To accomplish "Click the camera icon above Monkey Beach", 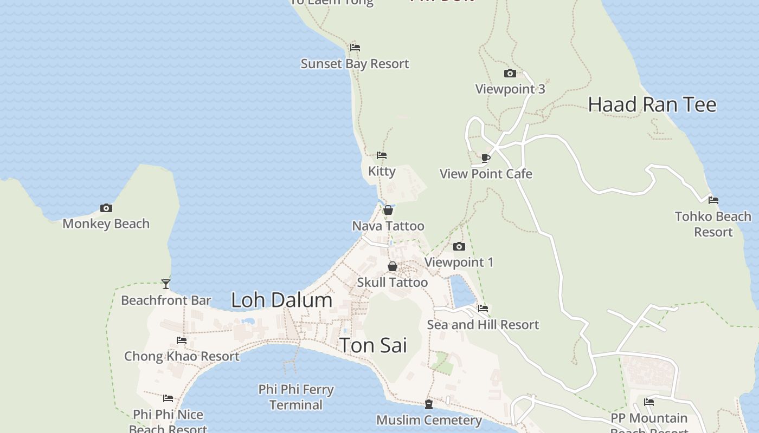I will (x=106, y=208).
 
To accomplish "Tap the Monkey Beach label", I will (x=106, y=224).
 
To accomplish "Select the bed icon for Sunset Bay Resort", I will (x=355, y=48).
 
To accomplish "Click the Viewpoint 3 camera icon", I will (x=510, y=73).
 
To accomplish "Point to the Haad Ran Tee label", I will (x=652, y=104).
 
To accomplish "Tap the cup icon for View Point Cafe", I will (x=486, y=158).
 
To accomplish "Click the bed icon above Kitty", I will (x=382, y=155).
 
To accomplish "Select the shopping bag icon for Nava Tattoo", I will (x=388, y=210).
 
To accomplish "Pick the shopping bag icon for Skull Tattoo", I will (x=392, y=266).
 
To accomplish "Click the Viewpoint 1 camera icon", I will (x=459, y=246).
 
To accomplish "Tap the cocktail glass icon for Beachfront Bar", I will (x=166, y=284).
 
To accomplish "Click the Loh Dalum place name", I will (x=281, y=300).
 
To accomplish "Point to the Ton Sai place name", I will (x=372, y=345).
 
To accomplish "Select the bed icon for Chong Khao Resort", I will (x=182, y=340).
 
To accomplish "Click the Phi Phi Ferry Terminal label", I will (x=296, y=397).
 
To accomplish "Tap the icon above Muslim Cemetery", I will (x=428, y=404).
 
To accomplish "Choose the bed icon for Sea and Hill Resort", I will (x=483, y=309).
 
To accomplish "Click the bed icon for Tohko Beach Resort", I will (x=713, y=200).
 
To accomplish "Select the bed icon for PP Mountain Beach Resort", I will (x=649, y=402).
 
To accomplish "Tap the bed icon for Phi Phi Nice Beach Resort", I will (x=168, y=398).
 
